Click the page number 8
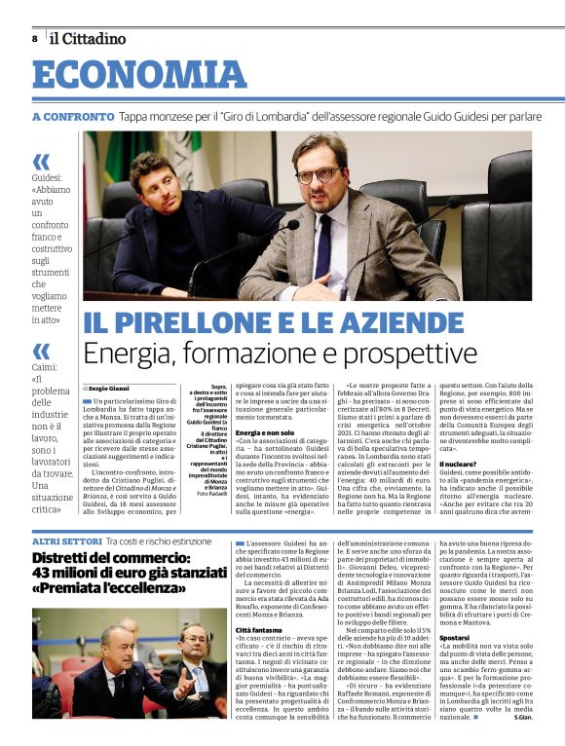pos(34,39)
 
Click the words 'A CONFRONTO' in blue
pos(73,117)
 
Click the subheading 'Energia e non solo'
pos(265,459)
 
